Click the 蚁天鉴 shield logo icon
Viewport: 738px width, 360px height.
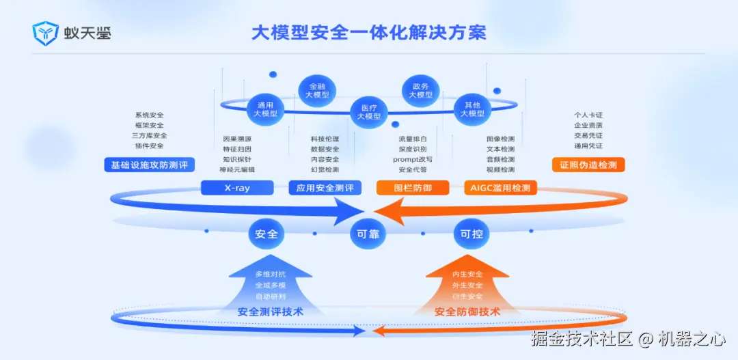point(45,33)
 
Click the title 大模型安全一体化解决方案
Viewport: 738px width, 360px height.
point(369,32)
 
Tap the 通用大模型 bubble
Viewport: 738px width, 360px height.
point(265,109)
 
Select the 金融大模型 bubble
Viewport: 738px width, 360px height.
point(317,91)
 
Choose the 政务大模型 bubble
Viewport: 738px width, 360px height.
point(420,91)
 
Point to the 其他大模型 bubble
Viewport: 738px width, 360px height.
point(472,109)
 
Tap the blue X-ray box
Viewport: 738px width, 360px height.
point(237,188)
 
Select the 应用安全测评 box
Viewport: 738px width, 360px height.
point(325,188)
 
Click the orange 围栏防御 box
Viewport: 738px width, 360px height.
point(413,188)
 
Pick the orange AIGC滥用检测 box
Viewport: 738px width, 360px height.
point(500,188)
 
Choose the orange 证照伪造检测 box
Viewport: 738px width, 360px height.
point(588,165)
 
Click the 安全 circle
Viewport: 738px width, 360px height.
point(266,234)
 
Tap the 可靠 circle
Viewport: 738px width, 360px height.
point(368,234)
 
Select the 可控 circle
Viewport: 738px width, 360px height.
point(471,234)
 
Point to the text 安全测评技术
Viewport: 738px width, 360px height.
point(271,311)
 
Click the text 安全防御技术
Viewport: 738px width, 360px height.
point(467,311)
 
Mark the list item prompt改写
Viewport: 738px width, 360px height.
point(413,159)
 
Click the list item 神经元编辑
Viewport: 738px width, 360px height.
point(237,169)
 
